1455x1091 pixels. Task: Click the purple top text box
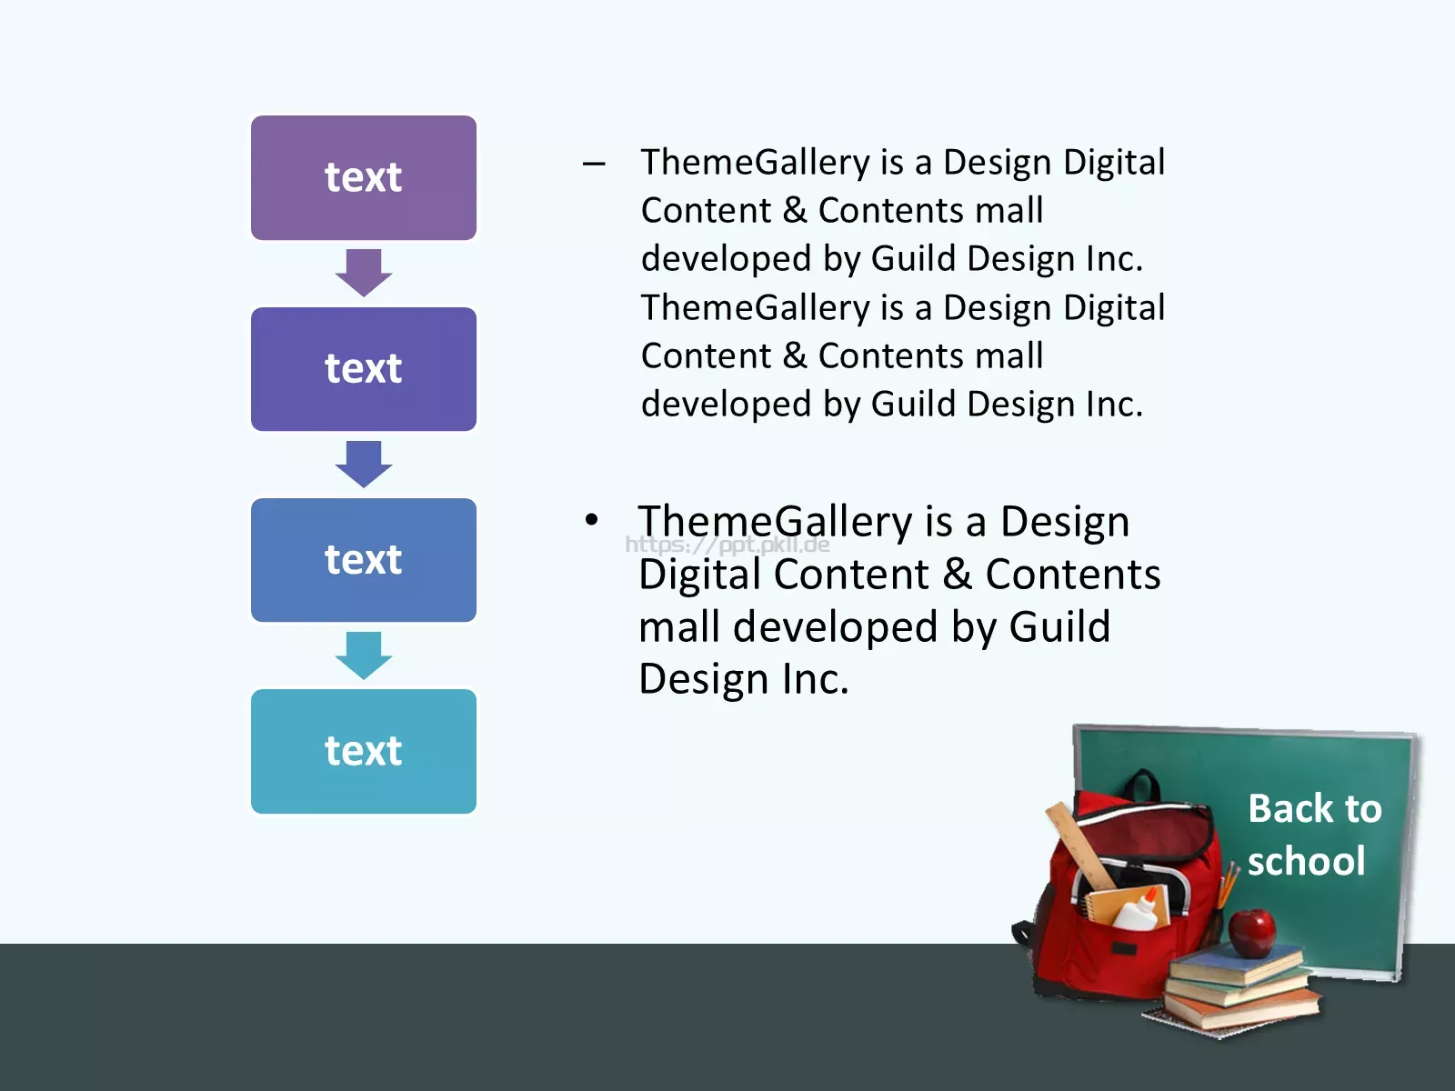[x=363, y=177]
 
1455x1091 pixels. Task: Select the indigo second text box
[x=363, y=369]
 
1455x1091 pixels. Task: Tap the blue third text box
[x=363, y=560]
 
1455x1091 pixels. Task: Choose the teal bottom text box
[x=363, y=751]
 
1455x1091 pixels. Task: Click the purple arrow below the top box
[x=363, y=273]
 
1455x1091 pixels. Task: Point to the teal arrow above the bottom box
[x=363, y=656]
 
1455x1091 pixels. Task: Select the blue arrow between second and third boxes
[x=363, y=465]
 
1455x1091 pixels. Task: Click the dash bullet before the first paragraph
[x=594, y=164]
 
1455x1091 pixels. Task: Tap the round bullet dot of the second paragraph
[x=591, y=519]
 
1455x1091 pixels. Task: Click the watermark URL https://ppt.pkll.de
[x=727, y=545]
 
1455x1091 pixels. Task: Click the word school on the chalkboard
[x=1307, y=860]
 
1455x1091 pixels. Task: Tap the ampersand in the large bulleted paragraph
[x=958, y=574]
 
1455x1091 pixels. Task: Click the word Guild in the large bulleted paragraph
[x=1059, y=626]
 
